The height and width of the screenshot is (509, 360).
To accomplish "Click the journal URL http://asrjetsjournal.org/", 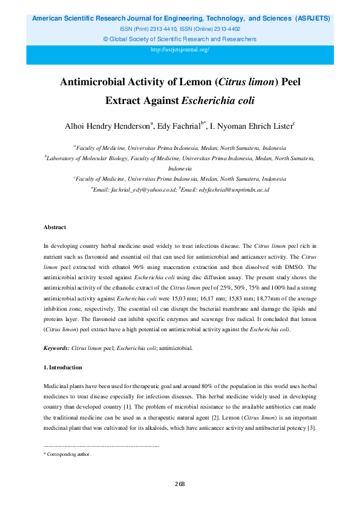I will point(180,50).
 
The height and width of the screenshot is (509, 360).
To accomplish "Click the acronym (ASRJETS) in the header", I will point(313,19).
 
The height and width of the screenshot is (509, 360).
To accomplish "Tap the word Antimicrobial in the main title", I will point(94,82).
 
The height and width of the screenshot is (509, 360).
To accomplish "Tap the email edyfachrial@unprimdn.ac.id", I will point(229,190).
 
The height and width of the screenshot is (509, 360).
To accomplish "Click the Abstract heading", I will point(54,227).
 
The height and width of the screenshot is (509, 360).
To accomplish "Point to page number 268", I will point(180,484).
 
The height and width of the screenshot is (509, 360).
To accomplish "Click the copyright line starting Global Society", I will point(182,39).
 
